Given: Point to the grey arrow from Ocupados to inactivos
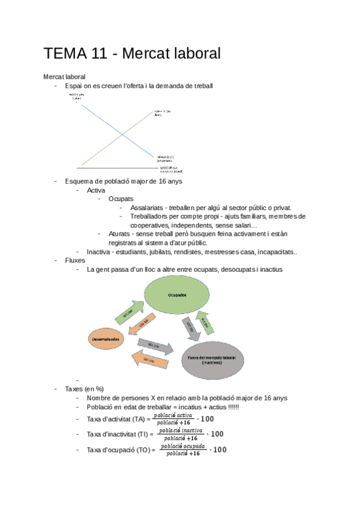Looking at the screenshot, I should tap(191, 328).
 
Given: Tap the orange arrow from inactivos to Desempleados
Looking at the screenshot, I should tap(149, 360).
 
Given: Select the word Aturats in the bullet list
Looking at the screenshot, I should tap(120, 234).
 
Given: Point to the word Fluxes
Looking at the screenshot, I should tap(76, 261).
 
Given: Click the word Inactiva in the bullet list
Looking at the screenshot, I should tap(99, 251).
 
